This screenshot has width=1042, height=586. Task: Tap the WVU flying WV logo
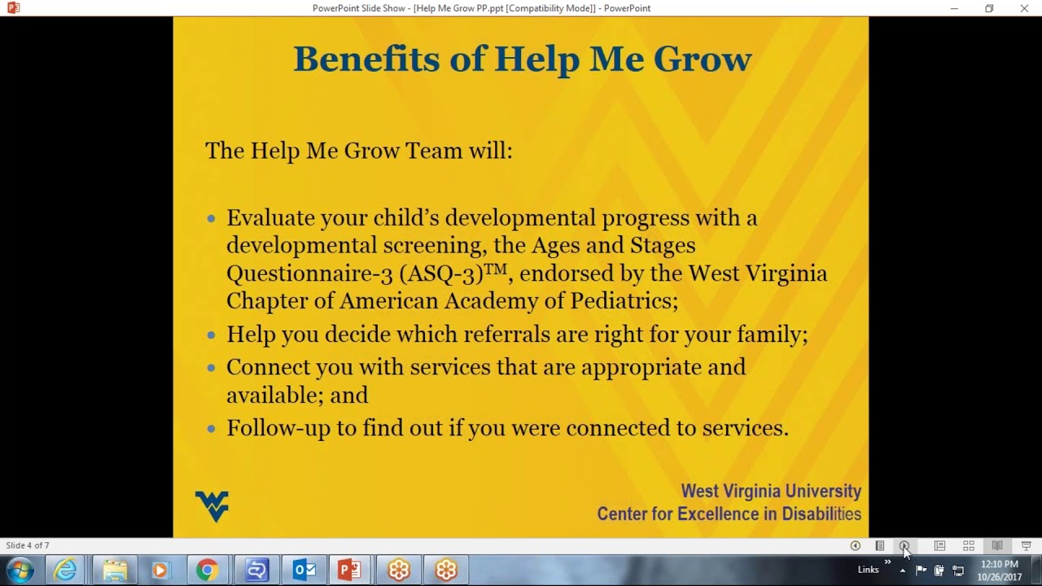point(212,505)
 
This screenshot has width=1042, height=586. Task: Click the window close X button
point(1024,8)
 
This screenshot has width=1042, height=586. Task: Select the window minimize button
point(954,8)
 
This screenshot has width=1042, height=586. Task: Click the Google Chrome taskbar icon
point(207,570)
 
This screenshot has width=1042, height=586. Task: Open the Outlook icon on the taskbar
point(304,570)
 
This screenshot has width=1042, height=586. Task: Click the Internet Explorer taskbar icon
point(65,570)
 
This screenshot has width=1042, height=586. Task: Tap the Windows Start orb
point(20,570)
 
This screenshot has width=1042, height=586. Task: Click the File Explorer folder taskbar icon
point(115,570)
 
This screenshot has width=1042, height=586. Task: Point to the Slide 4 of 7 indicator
point(28,545)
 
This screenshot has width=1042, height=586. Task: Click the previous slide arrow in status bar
point(855,545)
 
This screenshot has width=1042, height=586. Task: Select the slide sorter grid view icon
point(968,545)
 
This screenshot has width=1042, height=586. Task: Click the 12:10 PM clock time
point(999,564)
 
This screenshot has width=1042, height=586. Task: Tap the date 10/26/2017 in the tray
point(999,577)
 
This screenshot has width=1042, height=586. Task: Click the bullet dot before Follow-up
point(212,429)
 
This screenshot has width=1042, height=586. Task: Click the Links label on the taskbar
point(868,570)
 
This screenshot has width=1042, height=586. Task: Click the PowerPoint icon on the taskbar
point(349,570)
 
